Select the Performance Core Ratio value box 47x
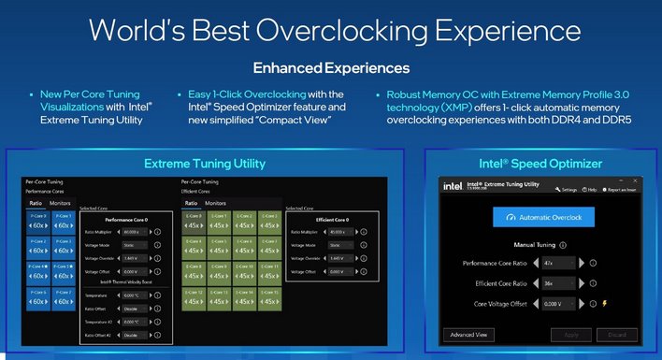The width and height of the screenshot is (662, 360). pos(556,265)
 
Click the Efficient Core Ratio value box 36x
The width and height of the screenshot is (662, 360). pos(556,283)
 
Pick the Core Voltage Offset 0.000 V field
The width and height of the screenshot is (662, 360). pos(556,303)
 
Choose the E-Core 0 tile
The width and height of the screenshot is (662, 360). pos(192,223)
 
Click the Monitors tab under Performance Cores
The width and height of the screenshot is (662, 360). pos(60,202)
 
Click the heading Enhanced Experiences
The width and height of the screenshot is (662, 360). pos(331,67)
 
